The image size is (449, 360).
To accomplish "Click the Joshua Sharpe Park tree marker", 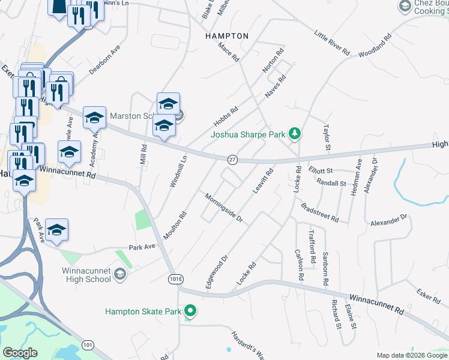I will pos(294,133).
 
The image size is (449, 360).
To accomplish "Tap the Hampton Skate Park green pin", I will pos(190,311).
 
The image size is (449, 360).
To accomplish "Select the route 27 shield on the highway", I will pos(233,159).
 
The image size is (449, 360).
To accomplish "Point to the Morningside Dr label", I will pos(223,208).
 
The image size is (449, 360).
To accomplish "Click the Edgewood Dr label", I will pos(217,272).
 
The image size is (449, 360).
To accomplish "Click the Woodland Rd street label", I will pos(375,46).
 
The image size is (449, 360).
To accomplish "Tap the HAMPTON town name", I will pos(226,36).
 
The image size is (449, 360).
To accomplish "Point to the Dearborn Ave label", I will pos(104,59).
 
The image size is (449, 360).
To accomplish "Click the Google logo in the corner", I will pos(20,353).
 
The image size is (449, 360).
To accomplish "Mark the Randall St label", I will pos(331,183).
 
